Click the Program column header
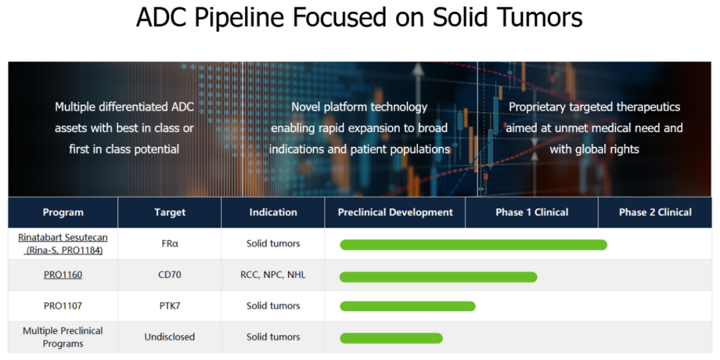pyautogui.click(x=63, y=212)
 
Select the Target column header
pyautogui.click(x=170, y=212)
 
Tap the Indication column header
pyautogui.click(x=273, y=212)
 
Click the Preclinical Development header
pyautogui.click(x=395, y=212)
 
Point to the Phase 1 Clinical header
pyautogui.click(x=532, y=212)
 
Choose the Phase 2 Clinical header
pyautogui.click(x=655, y=212)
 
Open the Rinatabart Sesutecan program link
pyautogui.click(x=63, y=244)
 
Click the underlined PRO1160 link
pyautogui.click(x=63, y=275)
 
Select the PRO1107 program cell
pyautogui.click(x=63, y=306)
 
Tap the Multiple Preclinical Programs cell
pyautogui.click(x=63, y=337)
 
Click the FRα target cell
pyautogui.click(x=170, y=244)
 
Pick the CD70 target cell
pyautogui.click(x=170, y=275)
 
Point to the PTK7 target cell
pyautogui.click(x=170, y=306)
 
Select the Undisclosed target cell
pyautogui.click(x=170, y=337)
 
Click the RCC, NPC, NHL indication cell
pyautogui.click(x=273, y=275)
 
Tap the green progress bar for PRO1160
pyautogui.click(x=439, y=277)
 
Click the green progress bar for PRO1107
pyautogui.click(x=408, y=306)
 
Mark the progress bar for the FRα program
pyautogui.click(x=473, y=245)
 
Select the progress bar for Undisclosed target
pyautogui.click(x=391, y=338)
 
